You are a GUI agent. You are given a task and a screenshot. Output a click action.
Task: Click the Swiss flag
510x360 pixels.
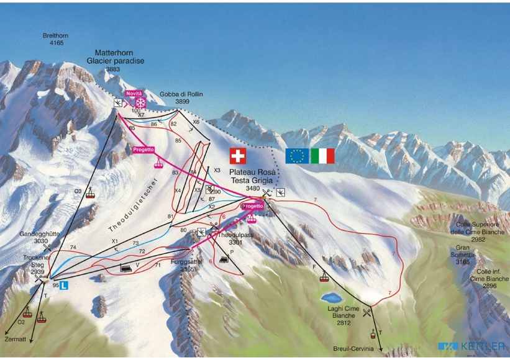coord(238,156)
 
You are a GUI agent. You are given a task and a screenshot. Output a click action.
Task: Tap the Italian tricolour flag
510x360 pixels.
coord(322,156)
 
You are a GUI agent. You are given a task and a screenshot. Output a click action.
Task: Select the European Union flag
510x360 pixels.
coord(297,156)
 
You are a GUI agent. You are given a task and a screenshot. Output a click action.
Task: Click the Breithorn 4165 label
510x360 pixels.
coord(55,40)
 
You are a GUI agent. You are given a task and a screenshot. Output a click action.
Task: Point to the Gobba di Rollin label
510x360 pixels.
coord(177,97)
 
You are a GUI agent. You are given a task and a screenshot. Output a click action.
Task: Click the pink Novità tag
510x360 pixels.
coord(134,93)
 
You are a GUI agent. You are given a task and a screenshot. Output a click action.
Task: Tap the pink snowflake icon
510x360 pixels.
coord(140,102)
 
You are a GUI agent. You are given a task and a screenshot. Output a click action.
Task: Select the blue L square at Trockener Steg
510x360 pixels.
coord(65,286)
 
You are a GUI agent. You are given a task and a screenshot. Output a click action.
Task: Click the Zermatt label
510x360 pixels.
coord(16,340)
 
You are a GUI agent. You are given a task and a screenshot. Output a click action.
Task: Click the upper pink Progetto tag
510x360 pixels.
coord(143,150)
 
